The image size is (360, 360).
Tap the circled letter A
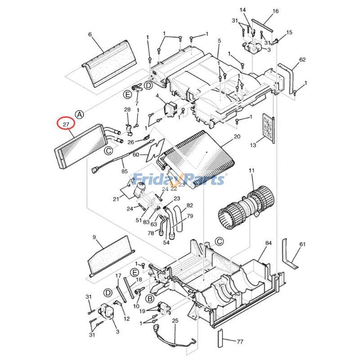tap(79, 115)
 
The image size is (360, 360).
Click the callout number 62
tap(302, 59)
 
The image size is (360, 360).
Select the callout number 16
tap(276, 11)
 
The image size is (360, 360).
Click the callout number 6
tap(90, 35)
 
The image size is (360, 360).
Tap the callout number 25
tap(175, 320)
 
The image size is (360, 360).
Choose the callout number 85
tap(125, 171)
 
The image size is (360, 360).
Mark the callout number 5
tap(219, 41)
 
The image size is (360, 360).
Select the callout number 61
tap(302, 244)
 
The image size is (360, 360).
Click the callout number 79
tap(190, 216)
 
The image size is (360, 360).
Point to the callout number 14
tap(243, 10)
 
